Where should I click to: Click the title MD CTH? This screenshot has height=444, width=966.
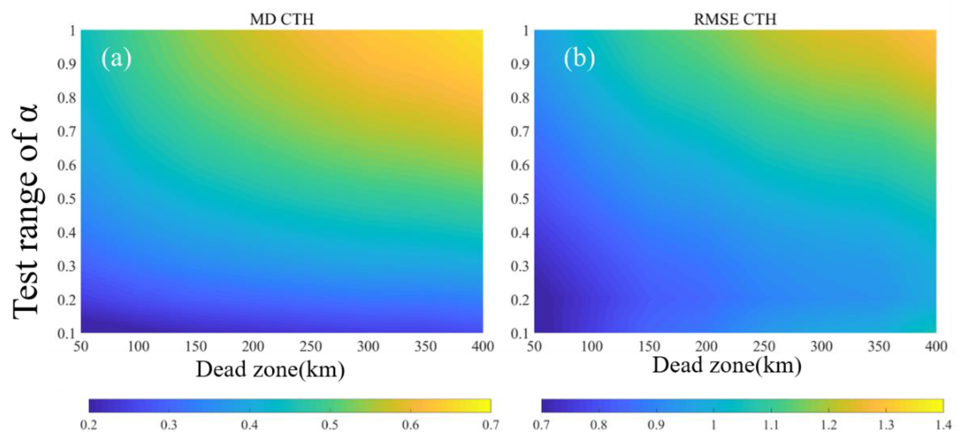click(282, 19)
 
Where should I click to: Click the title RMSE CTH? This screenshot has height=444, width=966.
click(735, 19)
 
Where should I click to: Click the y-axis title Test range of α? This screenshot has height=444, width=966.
click(26, 212)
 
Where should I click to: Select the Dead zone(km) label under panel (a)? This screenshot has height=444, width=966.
click(270, 370)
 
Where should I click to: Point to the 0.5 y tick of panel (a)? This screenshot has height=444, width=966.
click(67, 199)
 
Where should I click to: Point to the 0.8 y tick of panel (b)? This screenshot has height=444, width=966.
click(520, 98)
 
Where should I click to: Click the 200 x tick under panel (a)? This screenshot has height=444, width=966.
click(253, 347)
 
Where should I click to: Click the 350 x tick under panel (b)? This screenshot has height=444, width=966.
click(879, 347)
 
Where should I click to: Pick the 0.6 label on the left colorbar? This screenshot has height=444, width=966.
click(410, 425)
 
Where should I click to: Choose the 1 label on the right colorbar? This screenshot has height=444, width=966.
click(713, 425)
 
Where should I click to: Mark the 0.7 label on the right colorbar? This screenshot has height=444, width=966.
click(541, 425)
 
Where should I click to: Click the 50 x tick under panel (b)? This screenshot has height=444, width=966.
click(534, 347)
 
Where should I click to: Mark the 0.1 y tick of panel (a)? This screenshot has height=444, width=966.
click(67, 333)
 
